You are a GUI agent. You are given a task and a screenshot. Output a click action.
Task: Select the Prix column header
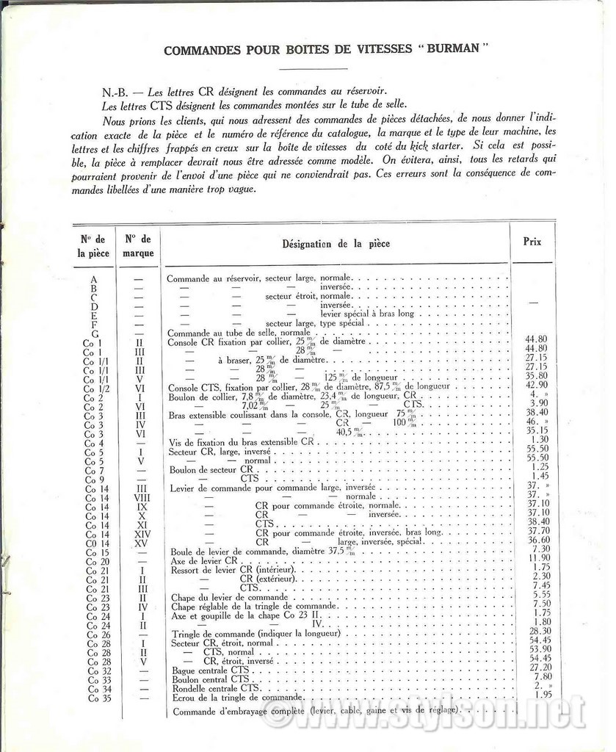(x=532, y=241)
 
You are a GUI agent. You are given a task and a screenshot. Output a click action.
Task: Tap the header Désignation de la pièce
(x=336, y=244)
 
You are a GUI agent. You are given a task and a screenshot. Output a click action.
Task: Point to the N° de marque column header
(x=138, y=245)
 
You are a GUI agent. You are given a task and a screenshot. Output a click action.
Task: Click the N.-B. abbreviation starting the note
(x=117, y=94)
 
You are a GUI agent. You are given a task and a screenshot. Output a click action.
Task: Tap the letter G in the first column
(x=94, y=333)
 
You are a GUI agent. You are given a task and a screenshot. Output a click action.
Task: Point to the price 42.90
(x=536, y=384)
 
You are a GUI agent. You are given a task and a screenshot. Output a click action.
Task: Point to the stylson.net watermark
(x=426, y=715)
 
